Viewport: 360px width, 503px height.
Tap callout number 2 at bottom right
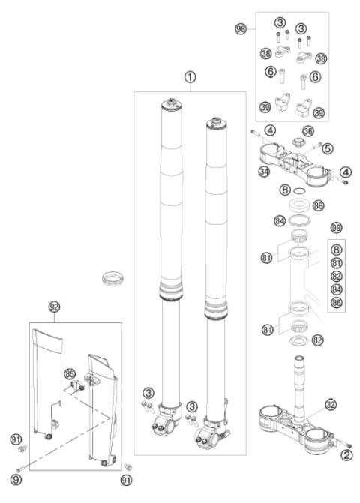point(346,454)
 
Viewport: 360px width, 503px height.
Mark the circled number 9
point(16,478)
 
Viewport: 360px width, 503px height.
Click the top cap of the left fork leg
point(170,104)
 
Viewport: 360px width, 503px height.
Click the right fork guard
point(100,405)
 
